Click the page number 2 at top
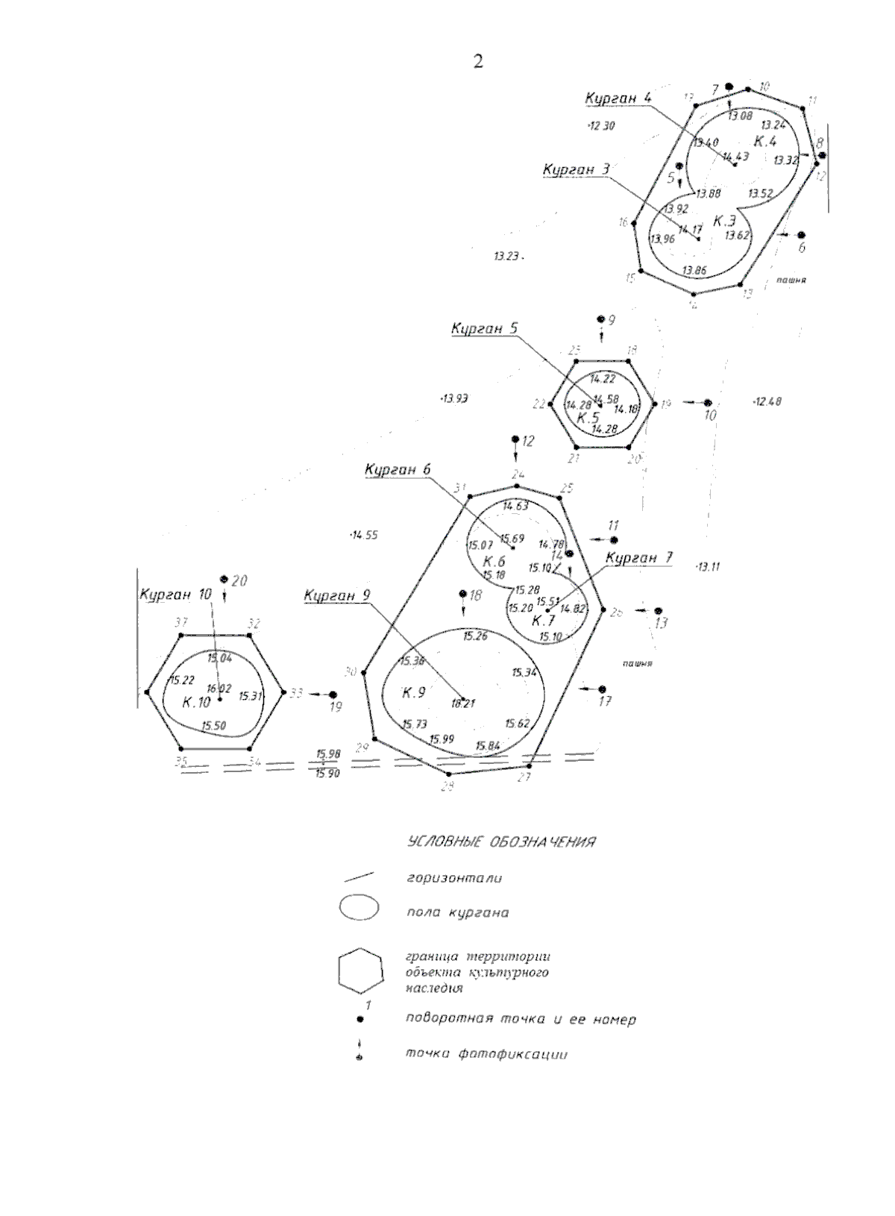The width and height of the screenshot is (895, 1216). (478, 62)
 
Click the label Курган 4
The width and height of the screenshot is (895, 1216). (618, 98)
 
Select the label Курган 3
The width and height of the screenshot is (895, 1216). (576, 170)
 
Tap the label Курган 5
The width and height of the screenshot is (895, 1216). (484, 329)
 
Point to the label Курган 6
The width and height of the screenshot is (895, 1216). (398, 469)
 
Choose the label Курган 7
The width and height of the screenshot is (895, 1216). (639, 557)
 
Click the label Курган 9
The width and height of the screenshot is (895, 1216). (336, 595)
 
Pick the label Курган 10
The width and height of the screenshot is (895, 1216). (175, 595)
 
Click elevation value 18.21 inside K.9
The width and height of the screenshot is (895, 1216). (463, 703)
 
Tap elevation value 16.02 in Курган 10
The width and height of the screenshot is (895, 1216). (219, 689)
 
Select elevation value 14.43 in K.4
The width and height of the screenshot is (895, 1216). (735, 156)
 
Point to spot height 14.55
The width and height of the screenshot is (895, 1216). (365, 535)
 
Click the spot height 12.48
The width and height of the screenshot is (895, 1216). (767, 401)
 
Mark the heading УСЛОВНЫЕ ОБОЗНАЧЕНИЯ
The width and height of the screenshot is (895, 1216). (500, 842)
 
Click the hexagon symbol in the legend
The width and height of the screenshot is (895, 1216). (360, 973)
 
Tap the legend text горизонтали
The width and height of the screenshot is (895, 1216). (454, 878)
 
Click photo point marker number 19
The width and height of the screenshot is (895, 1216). (333, 695)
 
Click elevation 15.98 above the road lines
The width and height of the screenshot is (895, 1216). (328, 754)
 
